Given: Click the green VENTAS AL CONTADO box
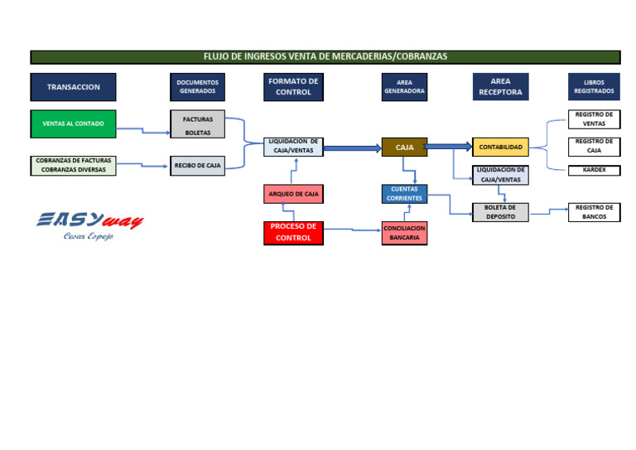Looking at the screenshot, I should (73, 123).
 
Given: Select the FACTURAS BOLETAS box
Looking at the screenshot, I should (197, 124).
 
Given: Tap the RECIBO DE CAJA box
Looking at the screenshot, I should (197, 166).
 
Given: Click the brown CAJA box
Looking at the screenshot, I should (404, 148).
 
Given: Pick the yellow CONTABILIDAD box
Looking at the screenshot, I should (500, 148).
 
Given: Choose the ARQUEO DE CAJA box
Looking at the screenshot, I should (293, 194).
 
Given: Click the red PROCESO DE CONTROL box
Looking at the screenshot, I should (293, 232).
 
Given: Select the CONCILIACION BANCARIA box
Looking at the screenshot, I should (404, 233).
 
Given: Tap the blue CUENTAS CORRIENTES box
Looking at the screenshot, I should (404, 194).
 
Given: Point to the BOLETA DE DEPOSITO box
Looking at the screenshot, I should (500, 212).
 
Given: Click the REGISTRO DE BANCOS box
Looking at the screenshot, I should (594, 212).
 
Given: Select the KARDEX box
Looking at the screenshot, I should (594, 170).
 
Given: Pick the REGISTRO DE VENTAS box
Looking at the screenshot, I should (594, 119).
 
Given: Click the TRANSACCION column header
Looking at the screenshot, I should (73, 87).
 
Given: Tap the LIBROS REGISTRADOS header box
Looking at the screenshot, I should (594, 87).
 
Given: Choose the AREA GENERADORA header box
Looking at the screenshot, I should (404, 87).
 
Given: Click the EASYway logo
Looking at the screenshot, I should (89, 220).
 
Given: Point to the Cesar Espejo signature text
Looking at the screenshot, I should (88, 236).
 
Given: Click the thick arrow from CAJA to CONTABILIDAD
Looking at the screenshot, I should (448, 147).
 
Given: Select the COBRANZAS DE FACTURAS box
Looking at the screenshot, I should (73, 165).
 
